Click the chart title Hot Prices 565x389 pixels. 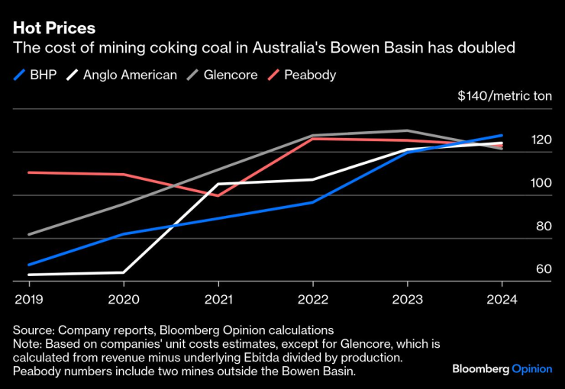click(54, 28)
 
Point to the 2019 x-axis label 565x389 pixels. click(28, 299)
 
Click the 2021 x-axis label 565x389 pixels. click(218, 299)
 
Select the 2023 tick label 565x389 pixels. click(408, 299)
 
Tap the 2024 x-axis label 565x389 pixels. click(502, 299)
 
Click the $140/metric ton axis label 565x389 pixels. click(504, 97)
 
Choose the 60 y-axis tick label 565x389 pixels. click(544, 269)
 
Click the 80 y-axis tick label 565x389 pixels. click(543, 227)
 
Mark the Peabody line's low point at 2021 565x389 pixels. click(218, 195)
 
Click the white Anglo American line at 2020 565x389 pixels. click(123, 272)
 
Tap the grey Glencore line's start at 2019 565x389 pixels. click(29, 234)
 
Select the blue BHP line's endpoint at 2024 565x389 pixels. click(502, 135)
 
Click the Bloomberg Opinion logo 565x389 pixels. click(502, 368)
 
